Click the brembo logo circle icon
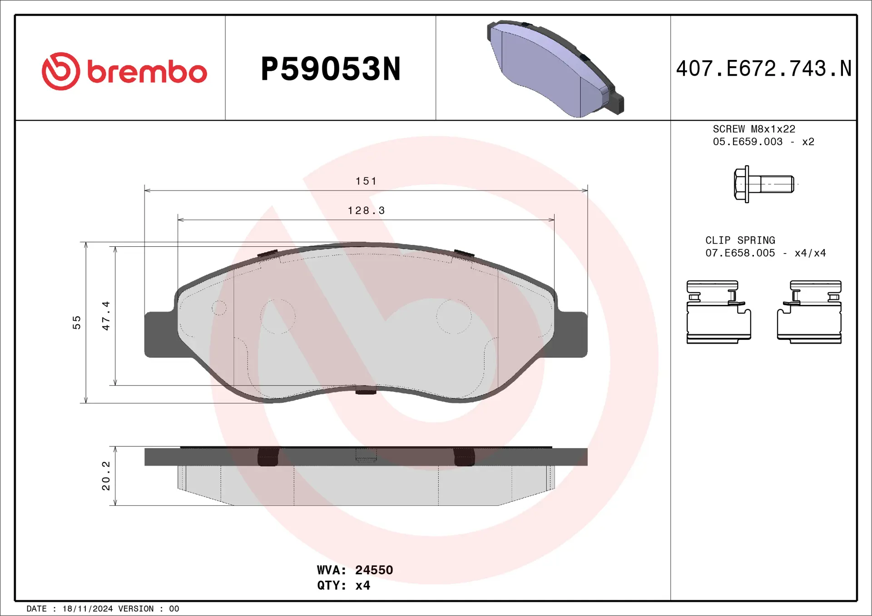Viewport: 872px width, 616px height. pos(61,71)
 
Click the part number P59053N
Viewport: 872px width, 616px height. pos(331,69)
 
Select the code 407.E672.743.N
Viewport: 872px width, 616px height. pos(763,69)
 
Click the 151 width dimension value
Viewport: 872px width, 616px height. pos(366,181)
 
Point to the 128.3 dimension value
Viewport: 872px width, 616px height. pos(366,210)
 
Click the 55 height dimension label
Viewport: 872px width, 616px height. pos(77,323)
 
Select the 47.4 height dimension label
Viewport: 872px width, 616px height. pos(106,316)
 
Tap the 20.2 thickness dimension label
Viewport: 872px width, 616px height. pos(106,476)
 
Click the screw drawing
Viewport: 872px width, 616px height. pos(763,184)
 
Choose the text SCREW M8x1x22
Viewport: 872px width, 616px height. pos(754,129)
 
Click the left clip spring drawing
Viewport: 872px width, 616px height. pos(718,312)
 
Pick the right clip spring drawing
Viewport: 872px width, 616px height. pos(809,312)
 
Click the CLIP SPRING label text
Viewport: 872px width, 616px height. pos(740,240)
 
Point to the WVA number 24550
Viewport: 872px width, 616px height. pos(374,570)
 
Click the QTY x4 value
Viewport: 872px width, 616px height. pos(362,585)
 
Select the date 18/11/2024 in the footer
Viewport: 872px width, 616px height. pos(87,609)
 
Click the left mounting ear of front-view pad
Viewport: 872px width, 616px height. pos(159,335)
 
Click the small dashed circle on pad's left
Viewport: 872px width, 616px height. pos(219,308)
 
